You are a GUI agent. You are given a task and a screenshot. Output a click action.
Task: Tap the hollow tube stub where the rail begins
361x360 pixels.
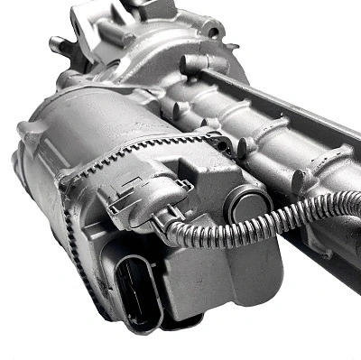[x=192, y=63]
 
